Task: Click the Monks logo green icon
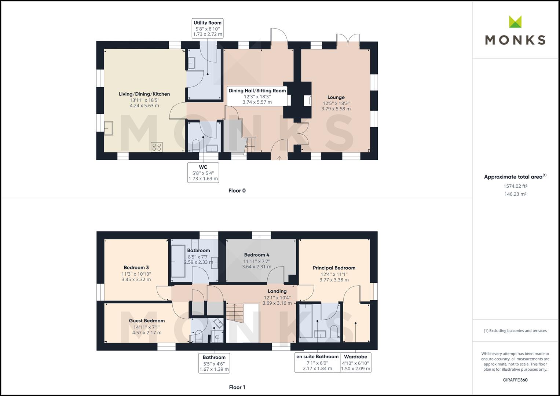click(515, 22)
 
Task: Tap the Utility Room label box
click(208, 29)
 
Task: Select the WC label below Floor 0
click(203, 173)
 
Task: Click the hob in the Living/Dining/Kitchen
click(157, 147)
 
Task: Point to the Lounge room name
click(336, 98)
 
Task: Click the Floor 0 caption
click(237, 191)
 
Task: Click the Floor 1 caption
click(237, 387)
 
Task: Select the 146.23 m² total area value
click(515, 194)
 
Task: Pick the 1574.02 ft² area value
click(515, 186)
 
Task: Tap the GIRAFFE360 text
click(515, 380)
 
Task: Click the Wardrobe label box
click(356, 363)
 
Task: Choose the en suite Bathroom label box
click(318, 363)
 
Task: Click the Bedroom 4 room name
click(257, 255)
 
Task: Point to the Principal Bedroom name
click(334, 268)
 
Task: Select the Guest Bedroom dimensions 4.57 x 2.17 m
click(147, 333)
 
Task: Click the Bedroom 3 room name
click(136, 268)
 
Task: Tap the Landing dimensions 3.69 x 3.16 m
click(277, 303)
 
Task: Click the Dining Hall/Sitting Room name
click(257, 91)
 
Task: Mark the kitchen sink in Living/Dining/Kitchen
click(108, 128)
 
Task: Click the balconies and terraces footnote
click(515, 331)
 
